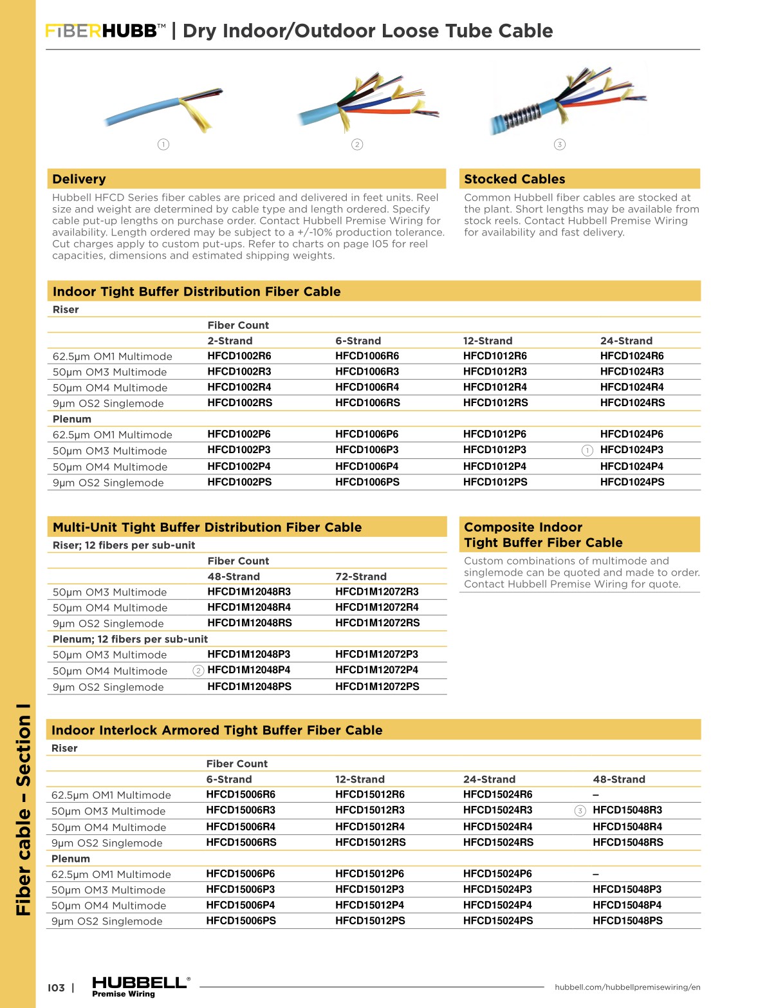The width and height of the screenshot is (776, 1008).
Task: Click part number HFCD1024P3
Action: pyautogui.click(x=631, y=450)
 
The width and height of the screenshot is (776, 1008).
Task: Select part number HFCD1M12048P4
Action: pyautogui.click(x=248, y=670)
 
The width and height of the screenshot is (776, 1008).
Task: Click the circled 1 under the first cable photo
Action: pyautogui.click(x=163, y=144)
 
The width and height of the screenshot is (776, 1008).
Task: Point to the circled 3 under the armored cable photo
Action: pyautogui.click(x=560, y=144)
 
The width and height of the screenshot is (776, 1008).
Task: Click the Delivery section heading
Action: pyautogui.click(x=79, y=179)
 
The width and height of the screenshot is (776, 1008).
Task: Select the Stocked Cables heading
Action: pyautogui.click(x=514, y=179)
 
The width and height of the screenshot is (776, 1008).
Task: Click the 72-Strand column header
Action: pyautogui.click(x=360, y=577)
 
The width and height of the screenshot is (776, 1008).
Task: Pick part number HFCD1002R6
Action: pyautogui.click(x=239, y=356)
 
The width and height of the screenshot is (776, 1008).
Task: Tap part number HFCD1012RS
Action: pyautogui.click(x=495, y=403)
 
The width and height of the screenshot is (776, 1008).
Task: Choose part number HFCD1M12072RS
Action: pyautogui.click(x=377, y=623)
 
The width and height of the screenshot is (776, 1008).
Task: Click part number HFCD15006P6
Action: pyautogui.click(x=240, y=874)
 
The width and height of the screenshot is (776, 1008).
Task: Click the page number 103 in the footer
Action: pyautogui.click(x=56, y=988)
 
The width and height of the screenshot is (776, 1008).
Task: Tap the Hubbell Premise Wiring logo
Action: pyautogui.click(x=140, y=986)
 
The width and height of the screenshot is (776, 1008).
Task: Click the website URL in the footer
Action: pyautogui.click(x=627, y=987)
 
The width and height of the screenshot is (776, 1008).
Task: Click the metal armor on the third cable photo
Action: pyautogui.click(x=514, y=117)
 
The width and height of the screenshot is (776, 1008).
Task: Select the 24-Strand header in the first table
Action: pyautogui.click(x=625, y=341)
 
